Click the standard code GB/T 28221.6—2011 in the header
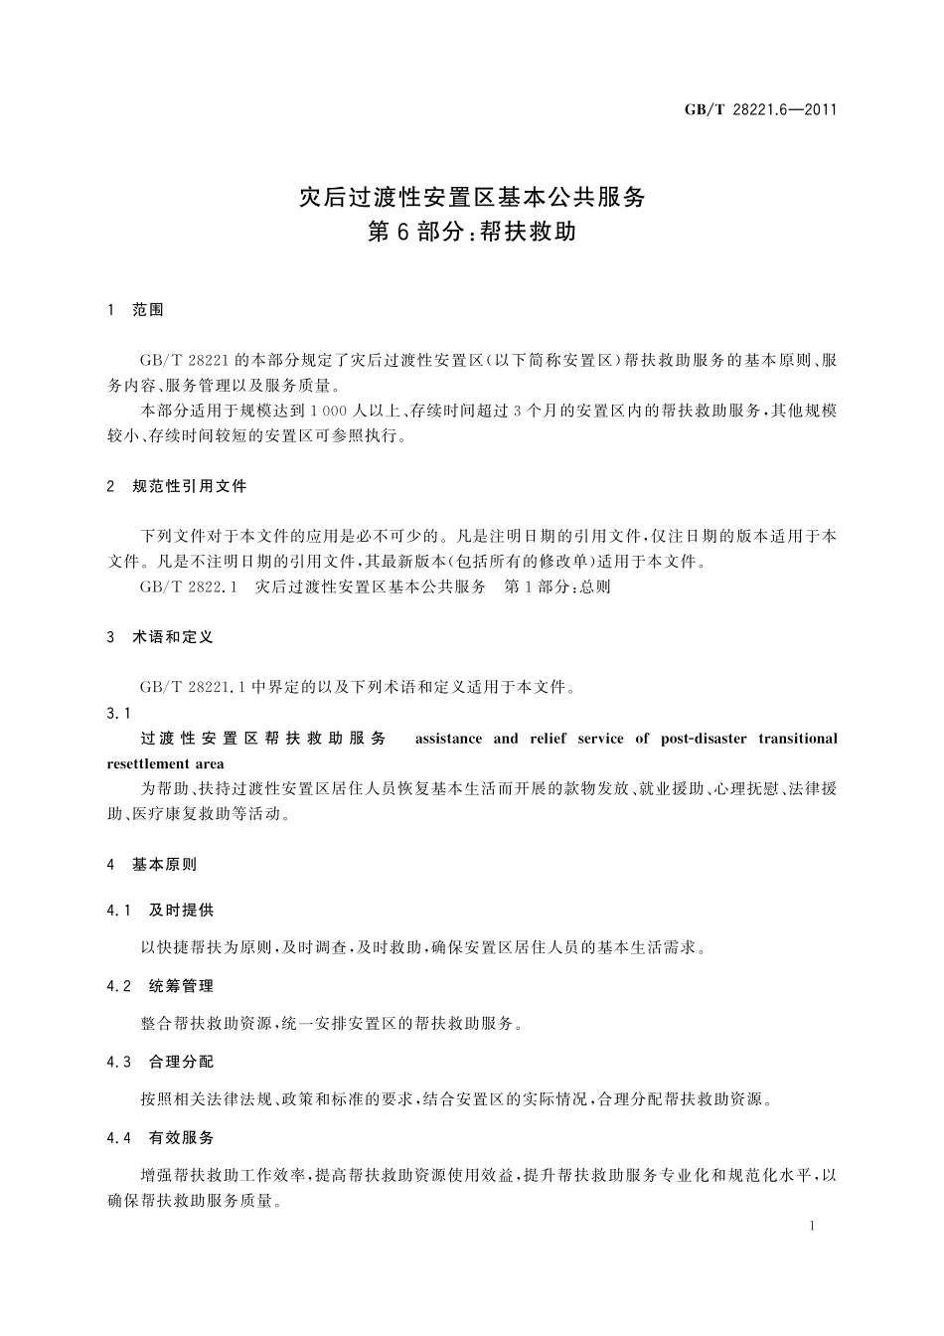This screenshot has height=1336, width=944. [x=760, y=109]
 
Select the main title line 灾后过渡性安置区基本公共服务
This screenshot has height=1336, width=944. [x=472, y=197]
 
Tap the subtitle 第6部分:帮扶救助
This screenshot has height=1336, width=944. [x=472, y=234]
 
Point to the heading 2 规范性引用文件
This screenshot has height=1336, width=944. [x=177, y=487]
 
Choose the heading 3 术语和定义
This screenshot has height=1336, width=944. [x=160, y=637]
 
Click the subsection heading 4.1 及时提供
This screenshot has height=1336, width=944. [x=160, y=911]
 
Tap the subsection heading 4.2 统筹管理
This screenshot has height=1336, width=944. [x=160, y=986]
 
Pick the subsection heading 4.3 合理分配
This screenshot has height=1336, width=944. [x=160, y=1062]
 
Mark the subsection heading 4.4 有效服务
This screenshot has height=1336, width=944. [x=160, y=1137]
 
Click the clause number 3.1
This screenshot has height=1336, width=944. [x=118, y=713]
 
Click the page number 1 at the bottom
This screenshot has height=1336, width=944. [x=812, y=1226]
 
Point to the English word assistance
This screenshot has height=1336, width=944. [x=448, y=739]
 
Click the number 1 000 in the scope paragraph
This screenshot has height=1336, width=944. [x=327, y=411]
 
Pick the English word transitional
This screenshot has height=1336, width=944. [x=797, y=739]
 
